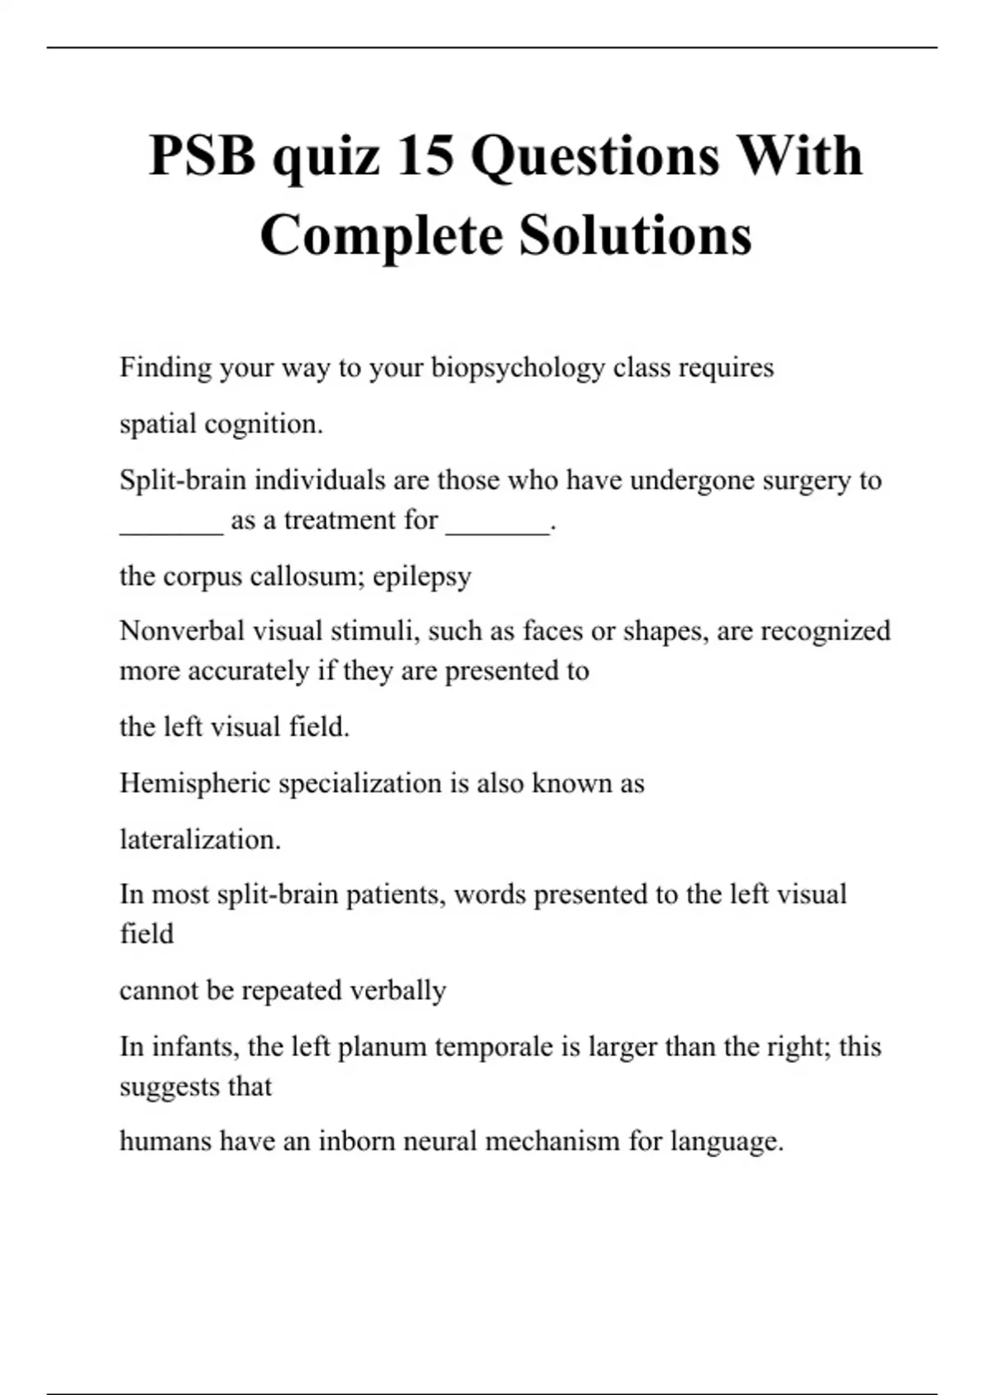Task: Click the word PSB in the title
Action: click(202, 155)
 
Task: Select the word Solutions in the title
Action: click(635, 236)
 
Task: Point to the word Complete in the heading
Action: click(382, 236)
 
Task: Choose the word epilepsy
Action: click(422, 577)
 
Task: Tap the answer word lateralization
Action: click(199, 839)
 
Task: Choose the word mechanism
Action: click(552, 1141)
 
